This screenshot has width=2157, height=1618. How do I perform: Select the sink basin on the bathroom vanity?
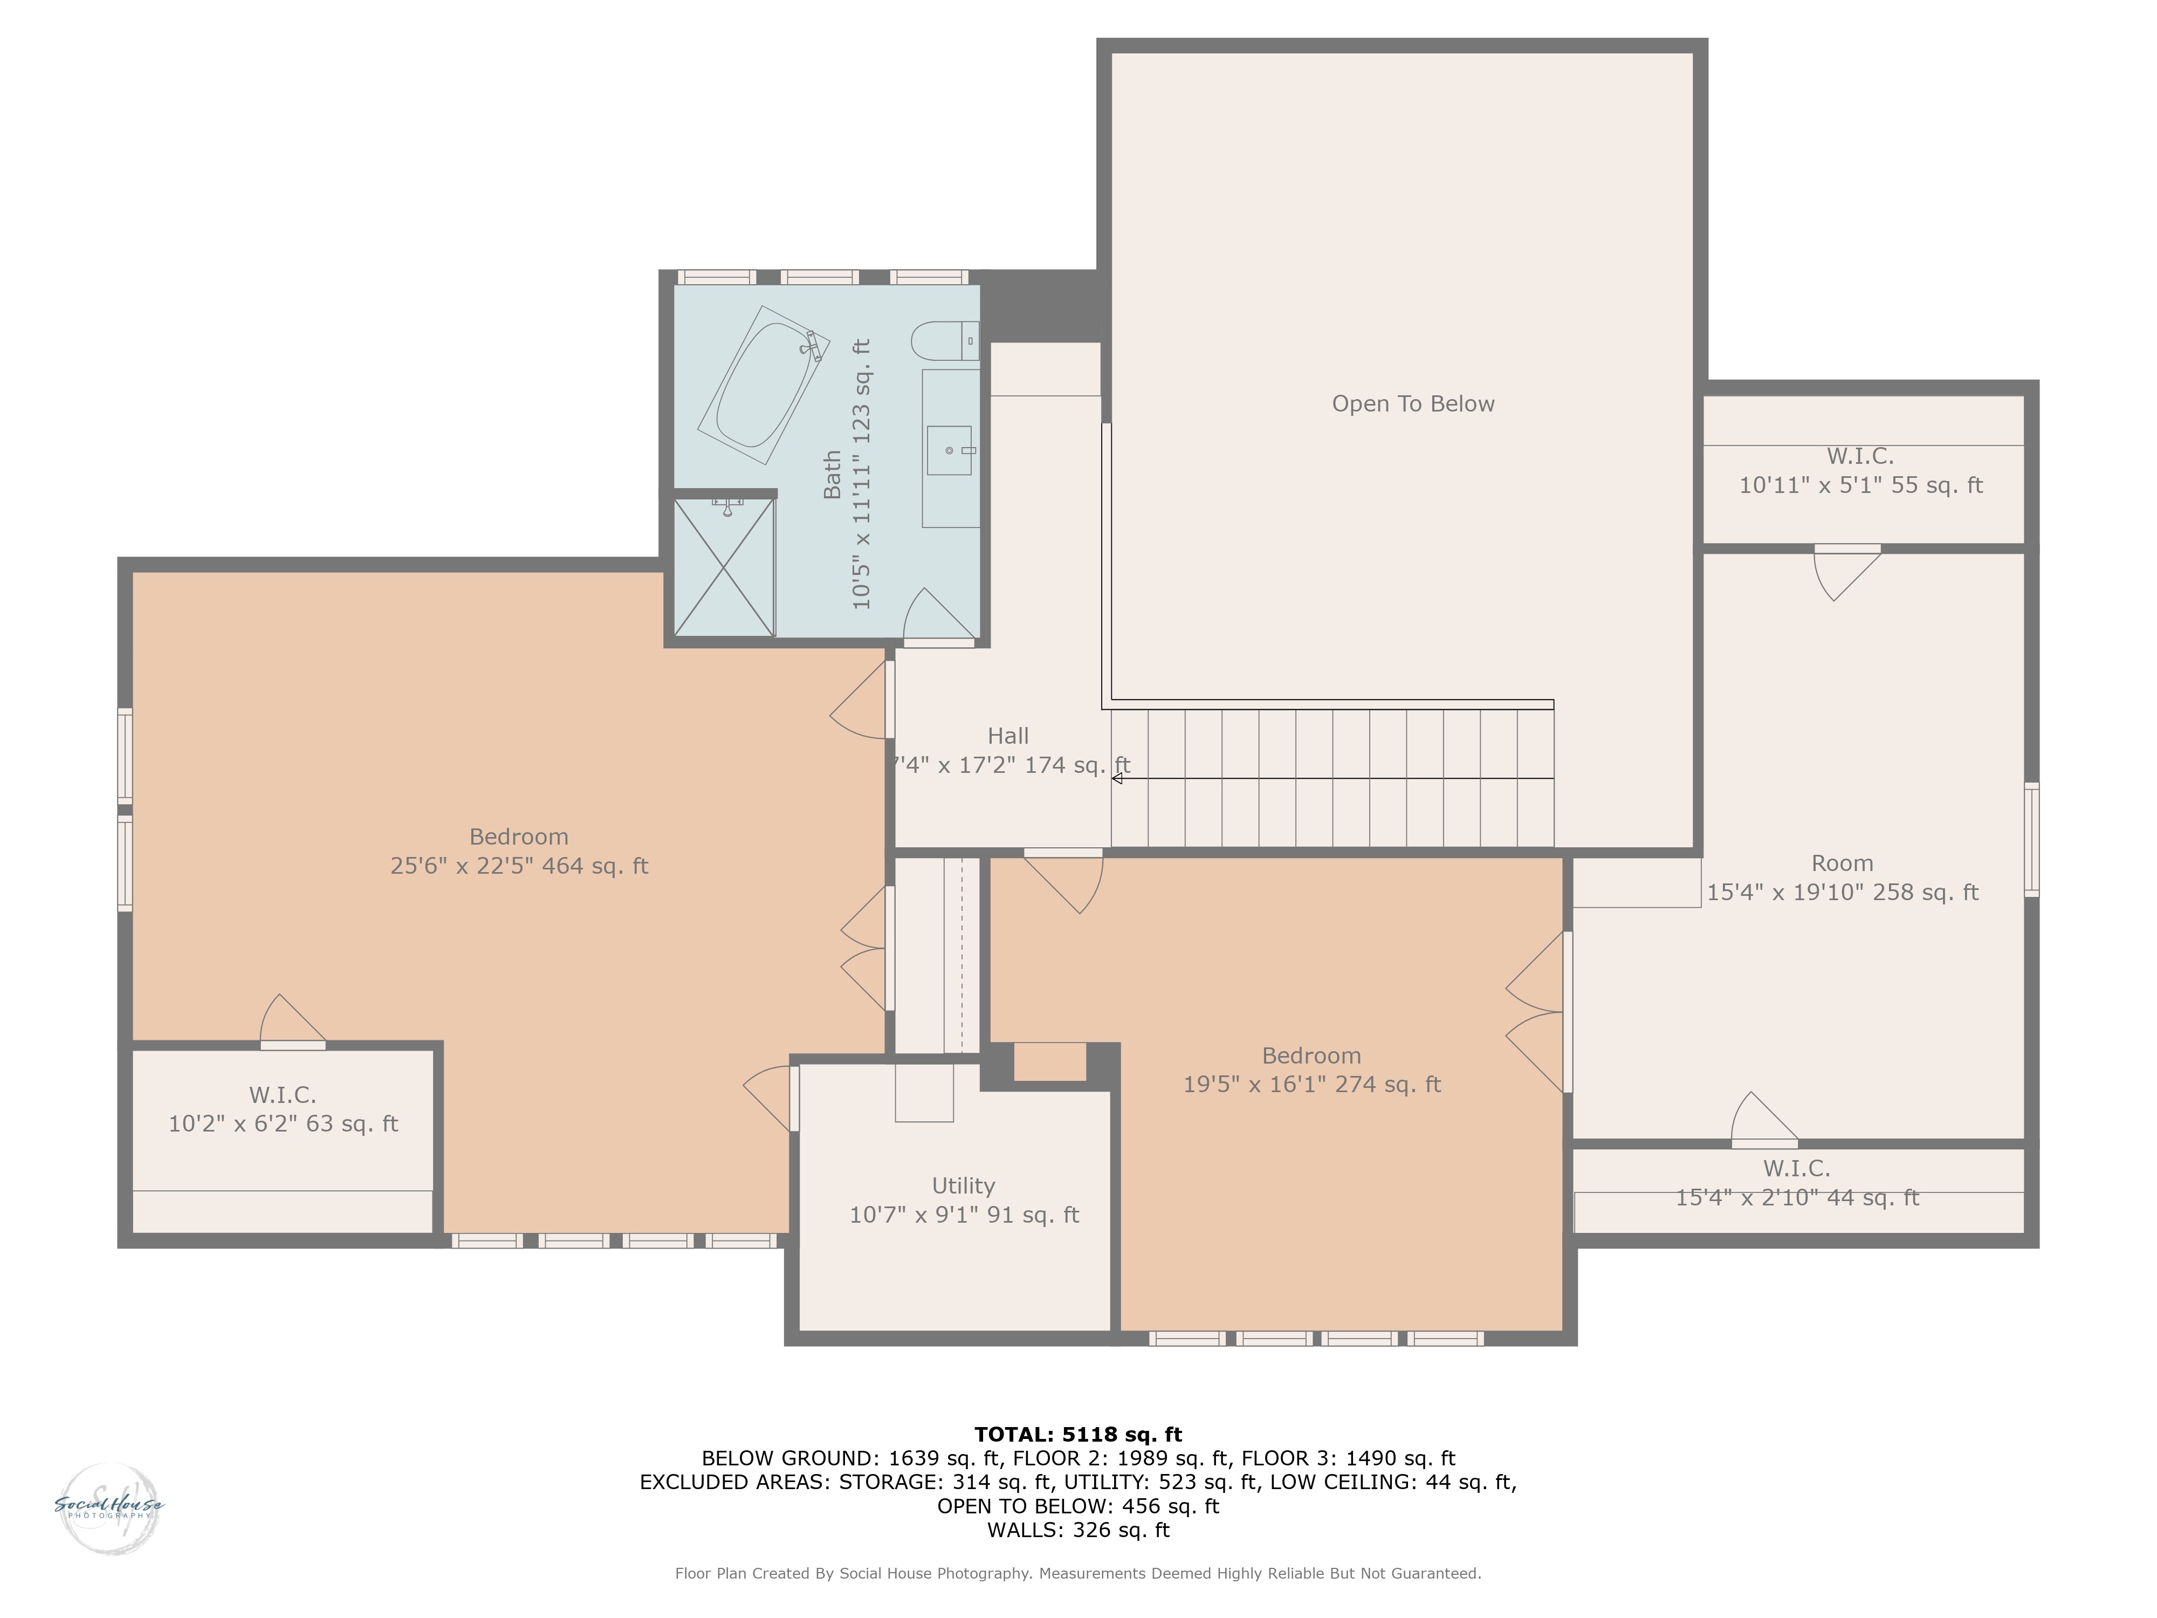(x=949, y=450)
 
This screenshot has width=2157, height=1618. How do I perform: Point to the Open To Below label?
(x=1413, y=404)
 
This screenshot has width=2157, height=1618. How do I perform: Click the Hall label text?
(x=1007, y=736)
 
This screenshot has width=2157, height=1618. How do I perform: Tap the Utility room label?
(x=964, y=1186)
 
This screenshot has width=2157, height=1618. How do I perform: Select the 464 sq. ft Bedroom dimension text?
(x=519, y=866)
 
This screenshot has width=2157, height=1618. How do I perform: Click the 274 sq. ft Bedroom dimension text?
(x=1311, y=1085)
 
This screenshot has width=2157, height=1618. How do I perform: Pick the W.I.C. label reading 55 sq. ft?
(x=1860, y=470)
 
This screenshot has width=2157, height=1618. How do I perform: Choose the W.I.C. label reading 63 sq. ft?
(x=283, y=1109)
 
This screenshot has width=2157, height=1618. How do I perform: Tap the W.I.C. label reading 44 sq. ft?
(x=1797, y=1182)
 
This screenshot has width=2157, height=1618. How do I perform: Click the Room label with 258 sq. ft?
(x=1842, y=877)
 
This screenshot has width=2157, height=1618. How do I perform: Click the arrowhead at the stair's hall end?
(x=1117, y=778)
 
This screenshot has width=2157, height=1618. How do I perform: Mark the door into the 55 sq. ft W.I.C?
(x=1847, y=572)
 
